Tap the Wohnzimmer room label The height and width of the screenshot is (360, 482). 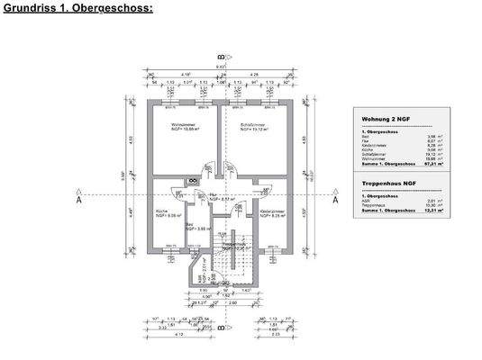tap(169, 126)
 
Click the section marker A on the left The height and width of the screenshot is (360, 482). tap(79, 202)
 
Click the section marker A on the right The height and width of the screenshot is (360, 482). tap(336, 202)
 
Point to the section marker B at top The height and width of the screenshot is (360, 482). tap(219, 55)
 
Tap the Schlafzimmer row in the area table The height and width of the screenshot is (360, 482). tap(396, 153)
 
